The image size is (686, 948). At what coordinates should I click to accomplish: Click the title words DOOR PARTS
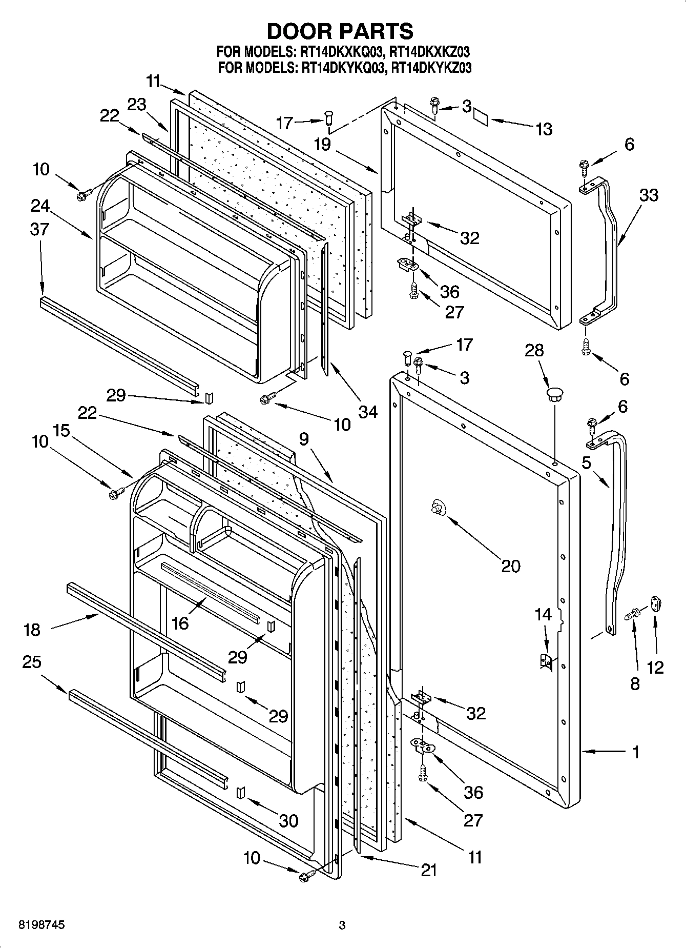pyautogui.click(x=340, y=31)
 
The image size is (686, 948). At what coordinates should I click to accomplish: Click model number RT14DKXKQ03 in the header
pyautogui.click(x=340, y=52)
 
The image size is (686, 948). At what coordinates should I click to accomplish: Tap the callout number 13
pyautogui.click(x=544, y=129)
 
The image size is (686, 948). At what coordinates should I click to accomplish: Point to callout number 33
pyautogui.click(x=649, y=195)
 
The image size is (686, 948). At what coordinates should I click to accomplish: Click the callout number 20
pyautogui.click(x=510, y=566)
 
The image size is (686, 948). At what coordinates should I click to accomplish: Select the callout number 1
pyautogui.click(x=636, y=752)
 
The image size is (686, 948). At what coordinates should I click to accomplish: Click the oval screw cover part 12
pyautogui.click(x=656, y=603)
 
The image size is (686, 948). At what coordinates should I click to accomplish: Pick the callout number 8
pyautogui.click(x=635, y=683)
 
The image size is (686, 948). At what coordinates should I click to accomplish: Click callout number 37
pyautogui.click(x=39, y=229)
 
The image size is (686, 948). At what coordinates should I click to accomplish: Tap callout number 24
pyautogui.click(x=39, y=206)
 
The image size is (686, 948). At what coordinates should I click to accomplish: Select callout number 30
pyautogui.click(x=288, y=820)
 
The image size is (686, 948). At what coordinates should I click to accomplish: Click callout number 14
pyautogui.click(x=543, y=614)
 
